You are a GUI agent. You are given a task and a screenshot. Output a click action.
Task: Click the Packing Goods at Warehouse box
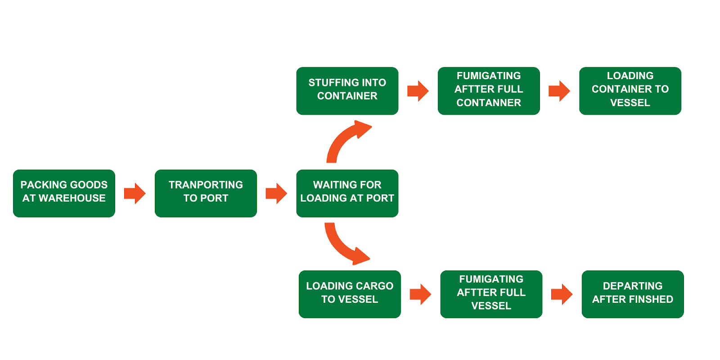click(x=64, y=193)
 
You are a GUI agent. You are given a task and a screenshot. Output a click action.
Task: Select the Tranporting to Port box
click(x=206, y=193)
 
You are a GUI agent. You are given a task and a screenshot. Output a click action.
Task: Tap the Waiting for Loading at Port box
click(x=347, y=193)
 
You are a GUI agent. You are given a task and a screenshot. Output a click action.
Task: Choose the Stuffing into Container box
click(x=347, y=91)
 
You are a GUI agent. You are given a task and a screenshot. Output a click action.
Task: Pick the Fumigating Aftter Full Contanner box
click(x=489, y=91)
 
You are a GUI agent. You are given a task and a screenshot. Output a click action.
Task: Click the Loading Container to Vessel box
click(x=630, y=91)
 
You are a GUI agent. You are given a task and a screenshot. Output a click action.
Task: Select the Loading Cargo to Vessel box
click(x=350, y=294)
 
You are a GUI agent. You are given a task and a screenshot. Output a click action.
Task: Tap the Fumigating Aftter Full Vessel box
click(x=491, y=294)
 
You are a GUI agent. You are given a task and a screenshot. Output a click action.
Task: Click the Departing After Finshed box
click(x=632, y=294)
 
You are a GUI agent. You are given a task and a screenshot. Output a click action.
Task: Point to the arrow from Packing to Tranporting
click(x=135, y=193)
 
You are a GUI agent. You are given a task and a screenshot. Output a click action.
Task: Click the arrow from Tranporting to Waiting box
click(x=276, y=193)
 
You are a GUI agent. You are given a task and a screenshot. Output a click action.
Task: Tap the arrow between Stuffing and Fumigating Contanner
click(x=418, y=91)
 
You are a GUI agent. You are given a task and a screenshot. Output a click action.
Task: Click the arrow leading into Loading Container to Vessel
click(x=559, y=91)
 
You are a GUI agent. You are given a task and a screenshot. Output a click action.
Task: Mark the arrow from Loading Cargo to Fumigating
click(x=420, y=294)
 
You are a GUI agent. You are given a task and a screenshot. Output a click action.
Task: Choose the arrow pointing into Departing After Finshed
click(x=562, y=294)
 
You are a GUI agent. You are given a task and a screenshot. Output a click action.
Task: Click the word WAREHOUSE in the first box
click(x=72, y=198)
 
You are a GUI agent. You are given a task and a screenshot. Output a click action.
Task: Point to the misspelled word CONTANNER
click(x=489, y=103)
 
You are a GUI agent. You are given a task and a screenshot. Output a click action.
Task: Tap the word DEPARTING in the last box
click(x=632, y=286)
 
